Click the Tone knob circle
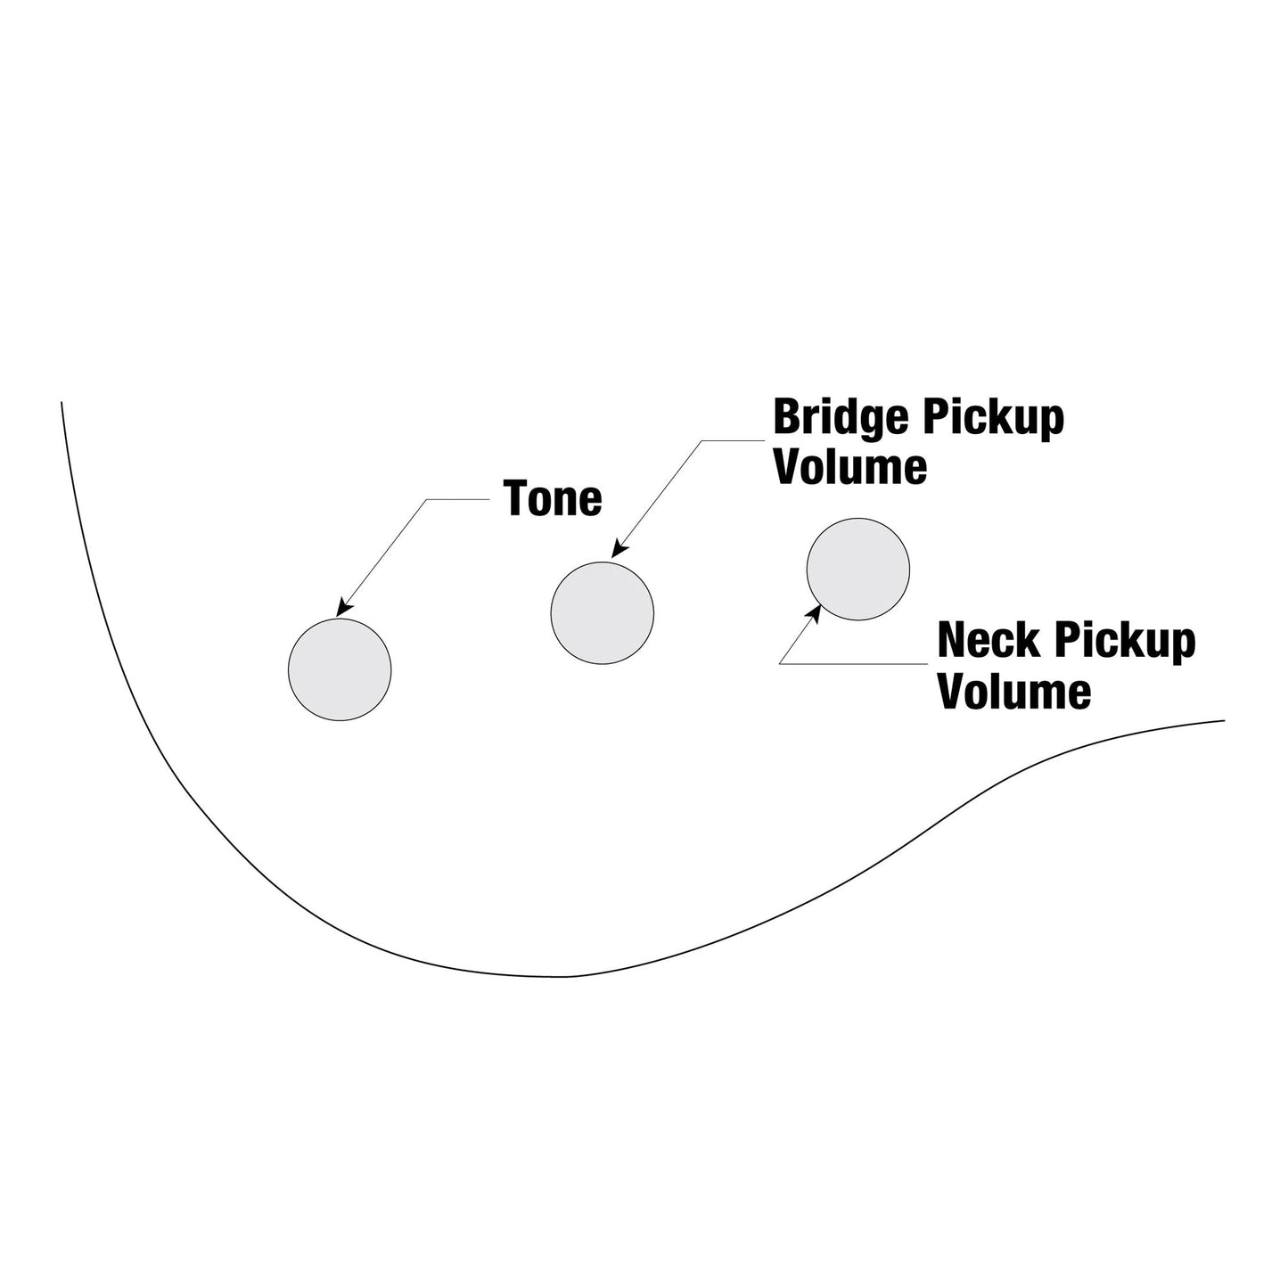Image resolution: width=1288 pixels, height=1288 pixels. (340, 669)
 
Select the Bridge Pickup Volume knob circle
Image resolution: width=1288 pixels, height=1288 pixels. (603, 613)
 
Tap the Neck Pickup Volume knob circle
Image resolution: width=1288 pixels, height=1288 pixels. (858, 569)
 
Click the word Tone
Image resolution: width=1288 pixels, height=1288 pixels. (553, 498)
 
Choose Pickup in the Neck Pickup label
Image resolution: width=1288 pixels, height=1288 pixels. (1124, 643)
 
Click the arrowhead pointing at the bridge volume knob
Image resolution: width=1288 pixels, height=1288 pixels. (619, 548)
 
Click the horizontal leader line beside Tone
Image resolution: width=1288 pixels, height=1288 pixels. (458, 499)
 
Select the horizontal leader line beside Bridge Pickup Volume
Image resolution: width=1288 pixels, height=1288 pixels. (733, 440)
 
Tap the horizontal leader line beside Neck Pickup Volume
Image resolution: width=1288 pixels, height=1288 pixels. (854, 664)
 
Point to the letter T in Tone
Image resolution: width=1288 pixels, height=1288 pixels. (516, 498)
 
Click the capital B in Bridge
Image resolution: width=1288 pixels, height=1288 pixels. (787, 417)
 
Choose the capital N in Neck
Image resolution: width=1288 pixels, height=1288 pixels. (952, 640)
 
